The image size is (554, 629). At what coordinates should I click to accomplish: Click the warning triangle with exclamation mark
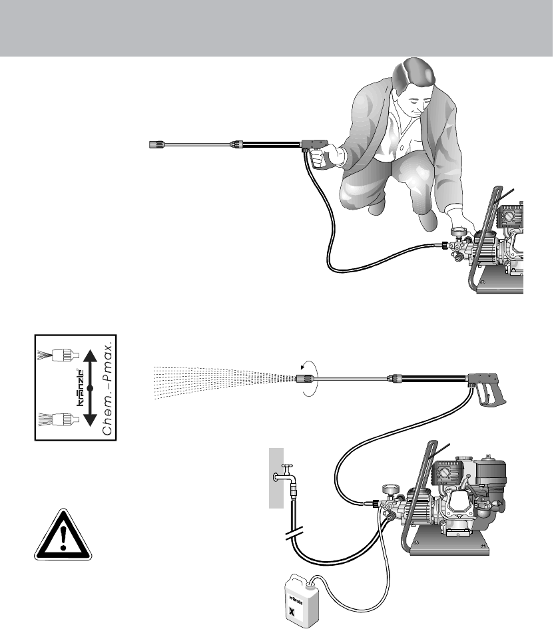point(63,536)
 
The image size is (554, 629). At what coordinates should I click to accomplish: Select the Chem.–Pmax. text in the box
point(109,388)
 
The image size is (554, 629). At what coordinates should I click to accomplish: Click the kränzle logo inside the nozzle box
point(80,387)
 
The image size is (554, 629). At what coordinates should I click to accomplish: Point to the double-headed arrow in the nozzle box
point(91,388)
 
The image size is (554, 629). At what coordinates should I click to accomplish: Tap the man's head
point(415,85)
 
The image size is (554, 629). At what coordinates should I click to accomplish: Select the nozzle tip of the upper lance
point(154,144)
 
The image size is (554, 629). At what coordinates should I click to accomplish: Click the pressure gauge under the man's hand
point(457,233)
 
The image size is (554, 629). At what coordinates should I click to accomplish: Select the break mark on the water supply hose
point(294,534)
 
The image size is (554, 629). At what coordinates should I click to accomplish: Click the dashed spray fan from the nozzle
point(224,381)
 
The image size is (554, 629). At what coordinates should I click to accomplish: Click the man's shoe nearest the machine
point(427,220)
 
